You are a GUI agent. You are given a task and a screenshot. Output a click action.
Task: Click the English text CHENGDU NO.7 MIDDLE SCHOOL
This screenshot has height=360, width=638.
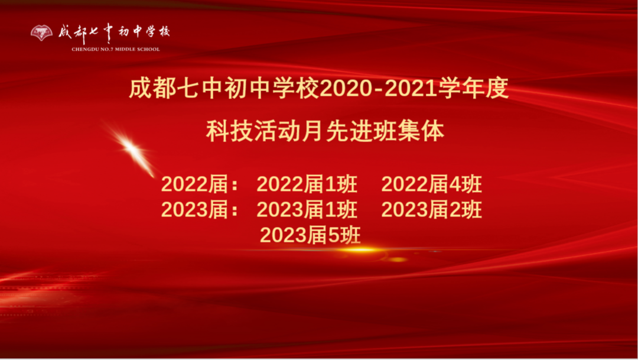116,49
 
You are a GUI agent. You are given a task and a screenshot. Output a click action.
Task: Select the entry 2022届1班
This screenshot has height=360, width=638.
307,185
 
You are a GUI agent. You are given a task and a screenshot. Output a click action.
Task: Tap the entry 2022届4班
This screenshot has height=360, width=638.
431,185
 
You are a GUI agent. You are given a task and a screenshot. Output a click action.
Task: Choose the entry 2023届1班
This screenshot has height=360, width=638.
307,210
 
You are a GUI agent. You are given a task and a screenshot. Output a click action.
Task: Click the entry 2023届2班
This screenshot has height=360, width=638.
431,210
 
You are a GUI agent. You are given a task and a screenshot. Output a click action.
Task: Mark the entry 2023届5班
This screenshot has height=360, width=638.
310,235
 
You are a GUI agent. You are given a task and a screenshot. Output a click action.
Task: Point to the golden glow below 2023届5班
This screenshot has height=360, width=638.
354,251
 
